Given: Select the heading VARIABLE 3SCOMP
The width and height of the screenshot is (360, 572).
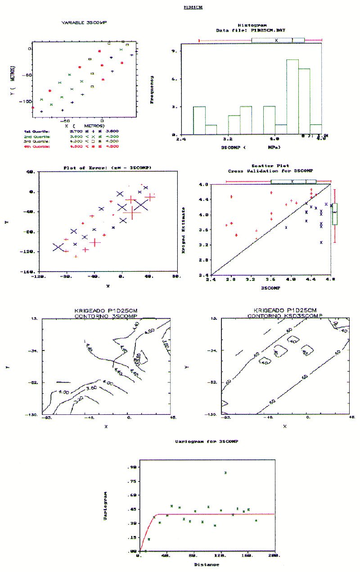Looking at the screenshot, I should (87, 23).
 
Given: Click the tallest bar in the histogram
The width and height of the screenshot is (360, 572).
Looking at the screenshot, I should (292, 97).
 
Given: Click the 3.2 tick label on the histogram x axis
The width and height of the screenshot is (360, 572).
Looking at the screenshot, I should (228, 139).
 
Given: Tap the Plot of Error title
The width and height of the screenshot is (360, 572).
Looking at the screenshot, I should (107, 168).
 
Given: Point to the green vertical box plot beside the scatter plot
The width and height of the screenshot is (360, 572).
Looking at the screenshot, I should (335, 213).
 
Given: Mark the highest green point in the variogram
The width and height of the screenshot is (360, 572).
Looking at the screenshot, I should (225, 472).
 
